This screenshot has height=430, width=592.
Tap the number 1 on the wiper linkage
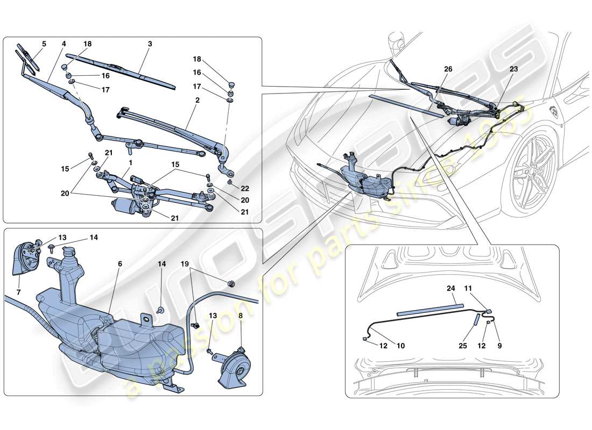130,162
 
